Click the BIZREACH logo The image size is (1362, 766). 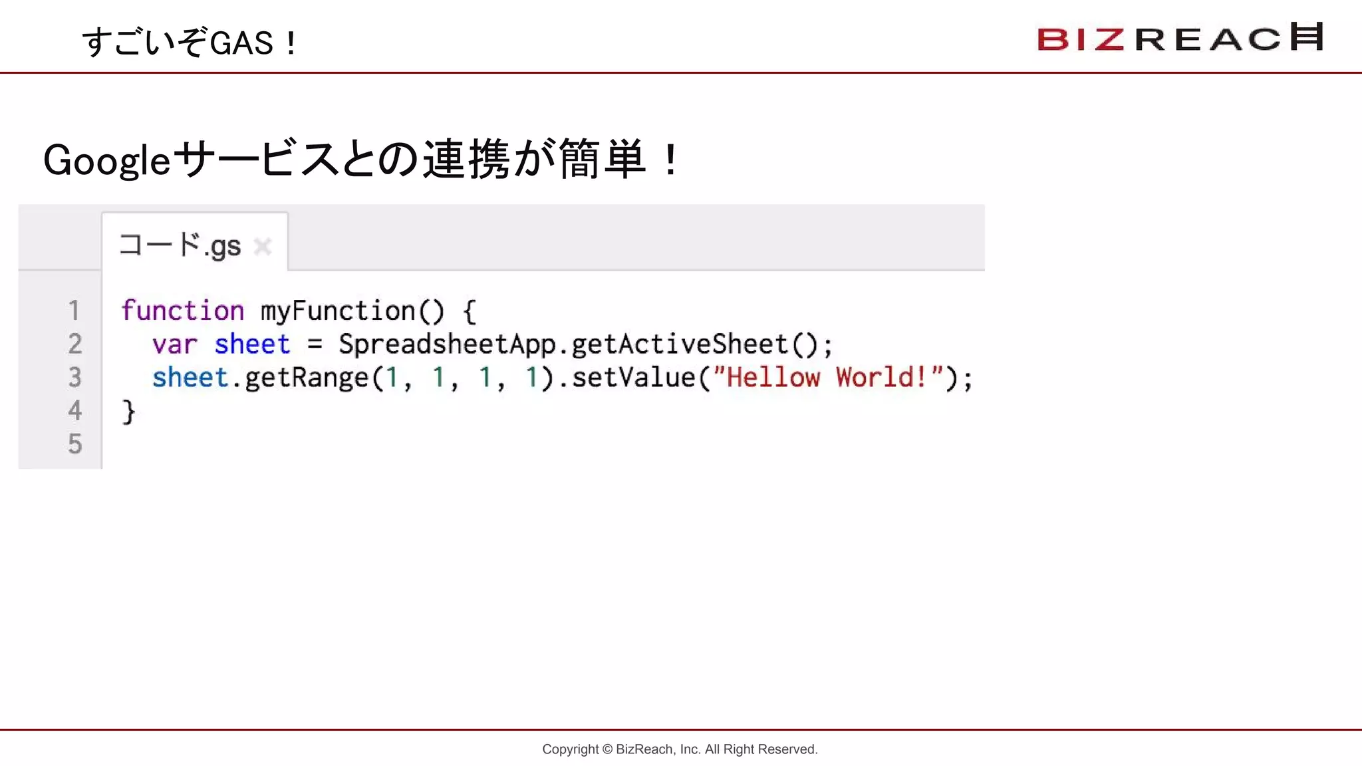[x=1180, y=38]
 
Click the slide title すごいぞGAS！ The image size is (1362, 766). [x=190, y=43]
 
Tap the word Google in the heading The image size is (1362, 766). [x=107, y=161]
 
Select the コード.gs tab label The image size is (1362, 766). [x=180, y=245]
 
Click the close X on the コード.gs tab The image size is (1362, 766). [x=263, y=247]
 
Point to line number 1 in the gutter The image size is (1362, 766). [x=74, y=311]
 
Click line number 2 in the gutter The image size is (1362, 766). [x=74, y=344]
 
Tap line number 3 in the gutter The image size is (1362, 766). [x=74, y=377]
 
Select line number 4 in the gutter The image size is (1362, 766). [x=74, y=410]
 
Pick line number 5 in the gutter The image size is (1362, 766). [x=74, y=444]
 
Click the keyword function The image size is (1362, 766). [x=182, y=311]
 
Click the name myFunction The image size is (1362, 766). [x=338, y=311]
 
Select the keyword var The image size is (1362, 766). [x=174, y=344]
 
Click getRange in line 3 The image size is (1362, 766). [x=307, y=378]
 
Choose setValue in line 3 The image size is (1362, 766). [x=634, y=378]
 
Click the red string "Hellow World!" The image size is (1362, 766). [x=828, y=378]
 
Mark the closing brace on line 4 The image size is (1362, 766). [x=128, y=412]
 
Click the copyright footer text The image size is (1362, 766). [x=680, y=749]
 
